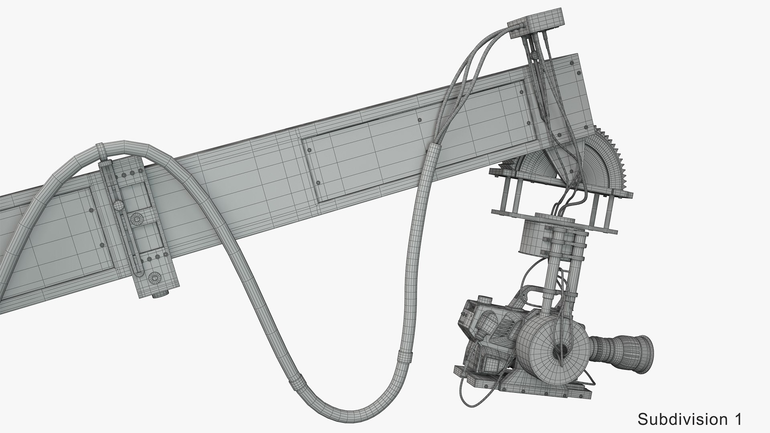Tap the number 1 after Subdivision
(737, 419)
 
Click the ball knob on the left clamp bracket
(118, 206)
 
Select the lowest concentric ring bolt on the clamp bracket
(154, 278)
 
